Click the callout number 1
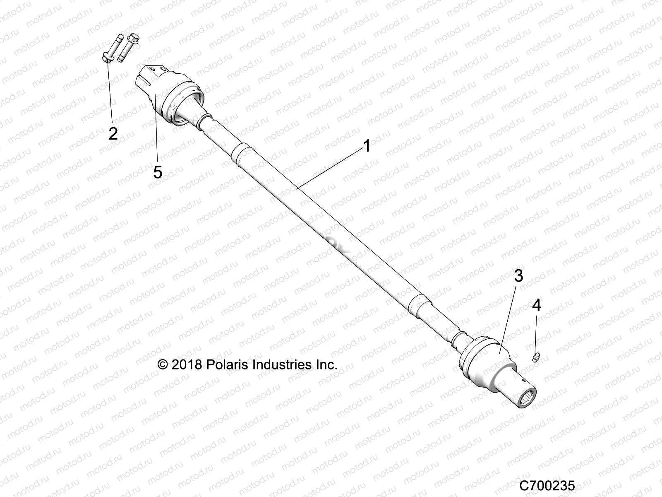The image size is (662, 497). click(x=367, y=146)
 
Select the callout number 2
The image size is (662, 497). click(x=113, y=133)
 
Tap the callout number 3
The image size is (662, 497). click(x=518, y=276)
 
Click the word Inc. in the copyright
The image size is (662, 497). click(x=327, y=364)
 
